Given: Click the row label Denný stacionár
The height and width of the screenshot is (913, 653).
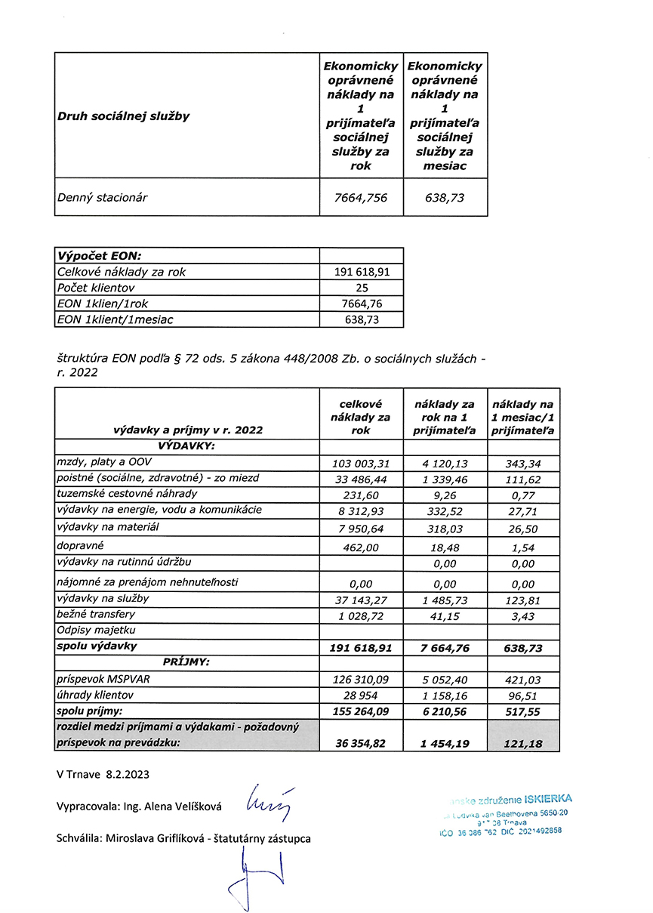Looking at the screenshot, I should pyautogui.click(x=103, y=198).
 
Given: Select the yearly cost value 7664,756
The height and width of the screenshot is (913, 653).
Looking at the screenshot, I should pyautogui.click(x=361, y=198).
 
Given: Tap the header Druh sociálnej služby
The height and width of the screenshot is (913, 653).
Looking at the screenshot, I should pyautogui.click(x=123, y=116).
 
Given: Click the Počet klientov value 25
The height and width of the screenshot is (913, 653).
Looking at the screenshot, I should pyautogui.click(x=361, y=288).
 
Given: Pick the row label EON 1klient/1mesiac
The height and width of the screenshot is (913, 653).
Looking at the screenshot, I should pyautogui.click(x=116, y=319).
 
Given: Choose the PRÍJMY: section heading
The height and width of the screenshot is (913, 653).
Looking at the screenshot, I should pyautogui.click(x=186, y=662).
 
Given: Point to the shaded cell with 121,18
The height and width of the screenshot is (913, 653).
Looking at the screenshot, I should pyautogui.click(x=522, y=744).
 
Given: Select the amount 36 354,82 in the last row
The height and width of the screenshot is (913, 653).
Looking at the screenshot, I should pyautogui.click(x=361, y=744).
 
